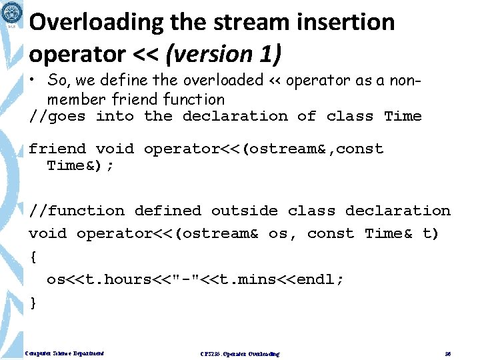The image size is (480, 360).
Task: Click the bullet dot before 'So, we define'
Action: [x=33, y=81]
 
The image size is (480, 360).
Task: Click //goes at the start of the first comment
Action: [x=57, y=117]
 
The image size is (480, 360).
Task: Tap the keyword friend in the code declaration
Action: [x=57, y=149]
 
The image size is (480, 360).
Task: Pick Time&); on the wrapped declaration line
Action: [x=81, y=165]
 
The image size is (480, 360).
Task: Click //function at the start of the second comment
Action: [x=77, y=211]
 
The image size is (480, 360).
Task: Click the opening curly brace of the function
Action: [x=33, y=257]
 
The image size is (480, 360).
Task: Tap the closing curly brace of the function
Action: [x=33, y=303]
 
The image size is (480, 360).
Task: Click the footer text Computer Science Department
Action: [x=64, y=353]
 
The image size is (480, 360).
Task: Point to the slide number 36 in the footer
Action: [x=448, y=353]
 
